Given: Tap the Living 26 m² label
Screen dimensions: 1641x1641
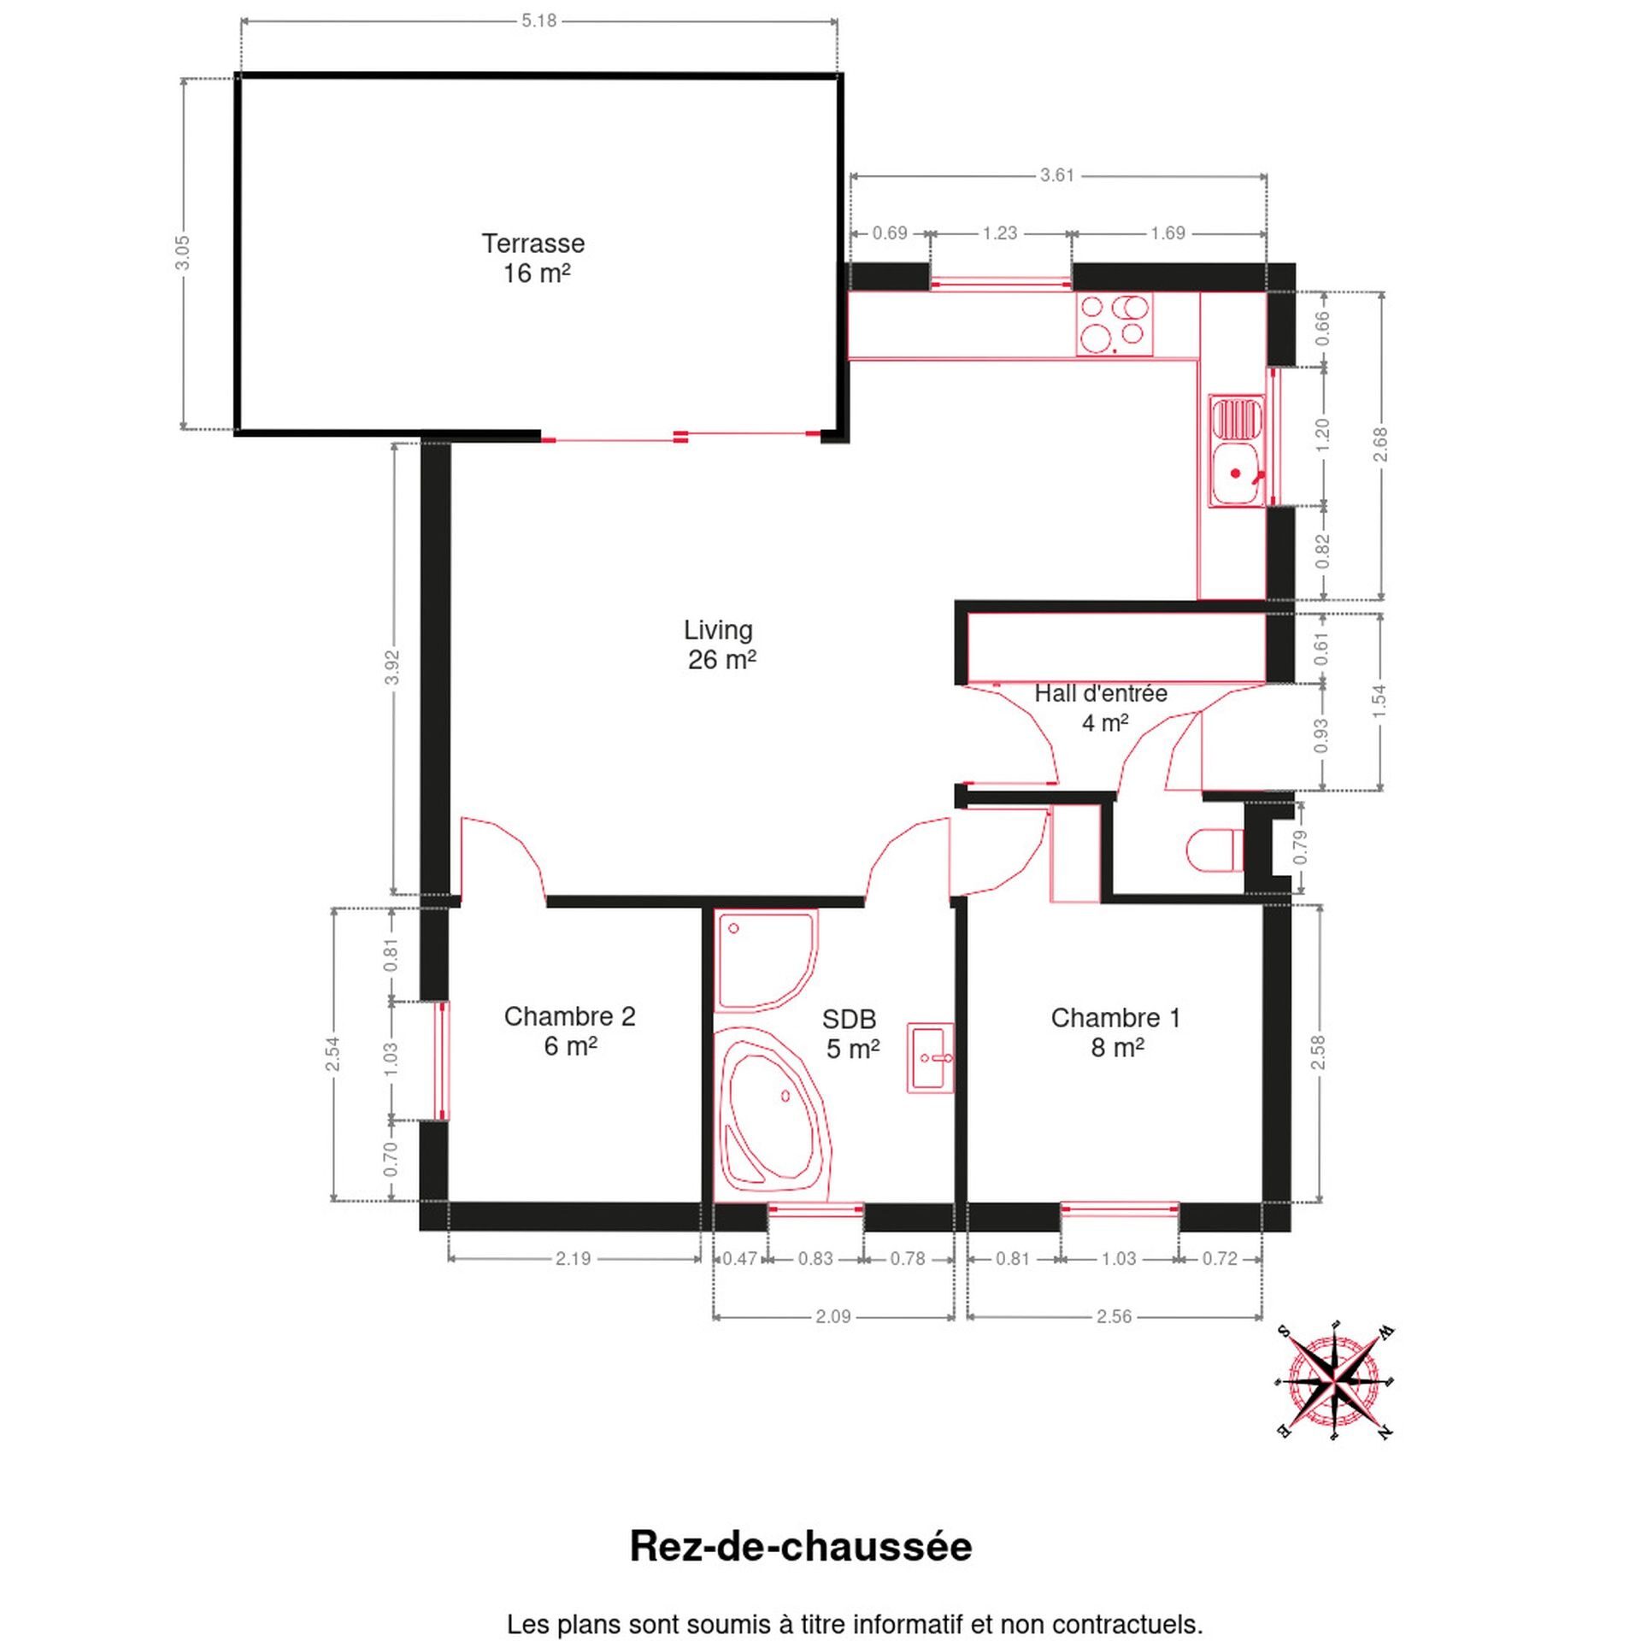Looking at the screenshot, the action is [x=720, y=644].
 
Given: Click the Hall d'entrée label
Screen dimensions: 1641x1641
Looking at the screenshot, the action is [x=1101, y=693].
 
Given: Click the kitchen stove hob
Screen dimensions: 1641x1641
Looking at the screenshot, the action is [x=1114, y=324].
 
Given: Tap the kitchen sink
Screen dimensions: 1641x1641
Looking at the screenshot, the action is [x=1237, y=451].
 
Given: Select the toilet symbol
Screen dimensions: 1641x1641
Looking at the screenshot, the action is [x=1215, y=850].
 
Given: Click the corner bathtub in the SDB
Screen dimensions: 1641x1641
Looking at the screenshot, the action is [x=769, y=1112].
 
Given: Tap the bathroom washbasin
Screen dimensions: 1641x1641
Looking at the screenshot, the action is [x=930, y=1057].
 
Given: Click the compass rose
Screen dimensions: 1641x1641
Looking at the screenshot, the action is [x=1334, y=1380].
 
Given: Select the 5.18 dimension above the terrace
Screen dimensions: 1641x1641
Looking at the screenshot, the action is [x=538, y=21].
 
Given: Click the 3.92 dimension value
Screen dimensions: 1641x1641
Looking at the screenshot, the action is [x=392, y=668].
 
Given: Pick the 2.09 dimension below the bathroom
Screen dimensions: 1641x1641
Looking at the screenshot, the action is [x=832, y=1316].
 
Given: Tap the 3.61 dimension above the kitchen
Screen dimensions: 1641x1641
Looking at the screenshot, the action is [x=1056, y=175].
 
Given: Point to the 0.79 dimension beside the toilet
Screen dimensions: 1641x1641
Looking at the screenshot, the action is [x=1301, y=847].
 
